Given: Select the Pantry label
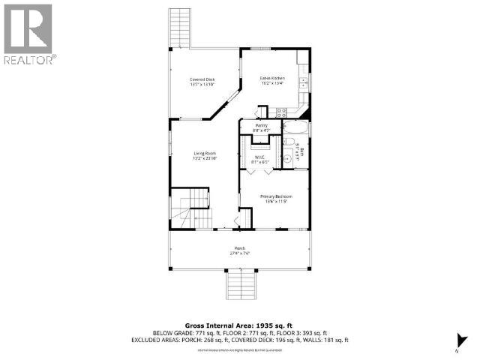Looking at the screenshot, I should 261,126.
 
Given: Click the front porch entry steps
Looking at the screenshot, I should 239,286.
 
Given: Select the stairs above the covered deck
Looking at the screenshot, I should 180,27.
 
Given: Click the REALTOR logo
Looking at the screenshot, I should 28,34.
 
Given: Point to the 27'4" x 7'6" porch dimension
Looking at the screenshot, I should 240,253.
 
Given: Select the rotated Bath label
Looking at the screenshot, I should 302,152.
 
